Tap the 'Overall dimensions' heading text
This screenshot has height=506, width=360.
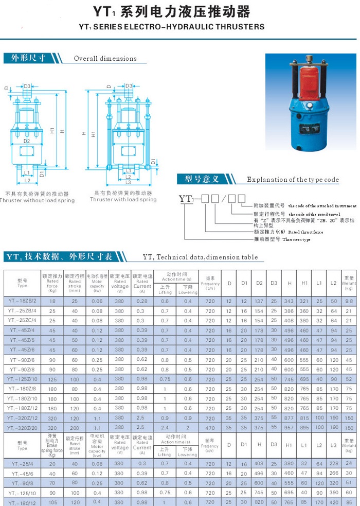(105, 59)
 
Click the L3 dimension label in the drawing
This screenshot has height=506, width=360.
(128, 182)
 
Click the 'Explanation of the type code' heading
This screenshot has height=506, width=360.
(293, 180)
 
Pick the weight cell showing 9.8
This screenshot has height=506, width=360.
(349, 301)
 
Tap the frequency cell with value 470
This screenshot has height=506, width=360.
(210, 427)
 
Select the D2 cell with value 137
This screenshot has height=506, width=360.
(259, 301)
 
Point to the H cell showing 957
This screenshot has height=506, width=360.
(290, 427)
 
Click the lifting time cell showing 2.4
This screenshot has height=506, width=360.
(165, 427)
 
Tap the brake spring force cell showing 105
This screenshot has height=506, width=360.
(52, 501)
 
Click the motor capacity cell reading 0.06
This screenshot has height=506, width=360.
(97, 301)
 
